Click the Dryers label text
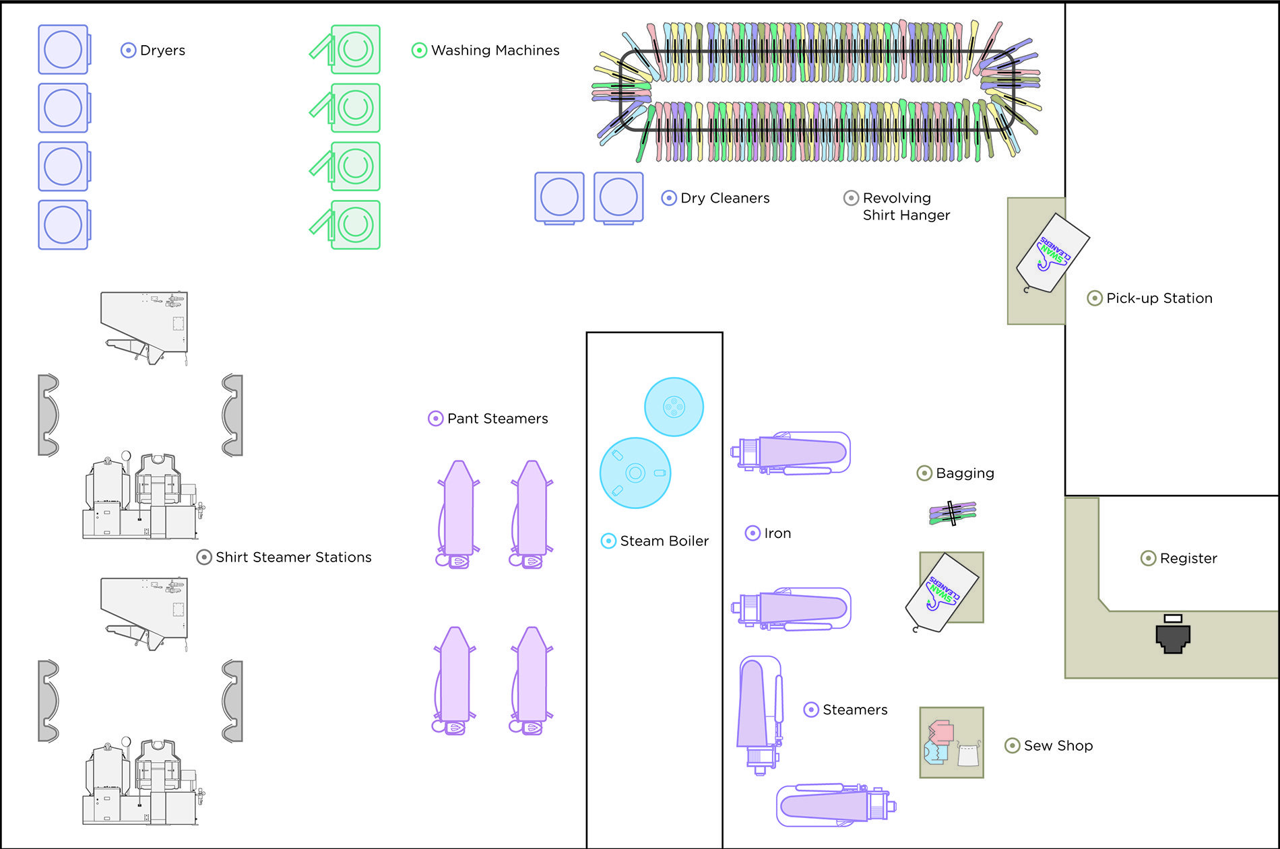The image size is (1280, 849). coord(162,50)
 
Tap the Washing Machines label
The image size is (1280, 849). coord(495,50)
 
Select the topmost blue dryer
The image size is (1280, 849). coord(63,50)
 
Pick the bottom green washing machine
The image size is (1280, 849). coord(354,225)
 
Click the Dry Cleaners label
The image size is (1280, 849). coord(725,198)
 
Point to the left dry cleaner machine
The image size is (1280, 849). coord(559,197)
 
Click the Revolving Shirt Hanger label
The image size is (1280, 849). coord(905,207)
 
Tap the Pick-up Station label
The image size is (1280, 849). coord(1159,298)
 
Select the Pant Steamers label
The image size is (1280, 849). coord(497,419)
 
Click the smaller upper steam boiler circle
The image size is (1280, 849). coord(674,407)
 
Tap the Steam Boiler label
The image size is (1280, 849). coord(664,541)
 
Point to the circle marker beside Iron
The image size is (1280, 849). coord(753,533)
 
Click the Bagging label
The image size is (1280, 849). coord(965,473)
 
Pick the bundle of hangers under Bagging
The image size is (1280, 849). coord(953,513)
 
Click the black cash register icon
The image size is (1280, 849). coord(1173,636)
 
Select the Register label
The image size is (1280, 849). coord(1188,558)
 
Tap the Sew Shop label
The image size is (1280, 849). coord(1058,746)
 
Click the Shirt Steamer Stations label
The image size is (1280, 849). coord(293,557)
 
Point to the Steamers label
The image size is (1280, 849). coord(855,710)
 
